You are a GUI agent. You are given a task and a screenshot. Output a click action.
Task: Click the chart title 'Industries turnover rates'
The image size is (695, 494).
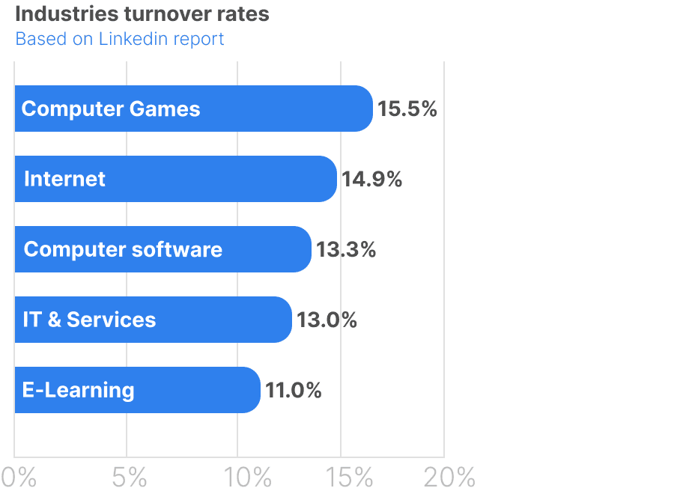pos(142,14)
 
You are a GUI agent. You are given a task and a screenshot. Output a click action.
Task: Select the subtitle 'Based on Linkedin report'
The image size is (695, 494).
pos(120,39)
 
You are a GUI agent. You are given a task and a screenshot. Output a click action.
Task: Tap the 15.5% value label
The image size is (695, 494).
pos(407,109)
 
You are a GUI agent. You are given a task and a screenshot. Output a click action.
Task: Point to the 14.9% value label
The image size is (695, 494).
pos(372,180)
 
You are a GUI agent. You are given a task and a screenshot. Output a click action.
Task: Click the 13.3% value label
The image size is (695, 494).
pos(346,249)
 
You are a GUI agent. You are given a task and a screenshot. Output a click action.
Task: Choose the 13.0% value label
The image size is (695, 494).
pos(327,320)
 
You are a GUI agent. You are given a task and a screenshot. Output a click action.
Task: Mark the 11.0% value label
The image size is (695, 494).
pos(294,390)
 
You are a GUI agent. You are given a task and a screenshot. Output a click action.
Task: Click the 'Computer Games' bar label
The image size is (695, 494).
pos(111,109)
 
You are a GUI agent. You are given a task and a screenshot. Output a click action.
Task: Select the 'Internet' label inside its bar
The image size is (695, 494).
pos(64,180)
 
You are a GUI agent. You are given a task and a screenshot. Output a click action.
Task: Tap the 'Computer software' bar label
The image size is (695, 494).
pos(123,249)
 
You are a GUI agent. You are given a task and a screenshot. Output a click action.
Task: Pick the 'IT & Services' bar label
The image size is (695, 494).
pos(89,320)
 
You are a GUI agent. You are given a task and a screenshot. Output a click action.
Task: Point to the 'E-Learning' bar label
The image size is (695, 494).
pos(78,390)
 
